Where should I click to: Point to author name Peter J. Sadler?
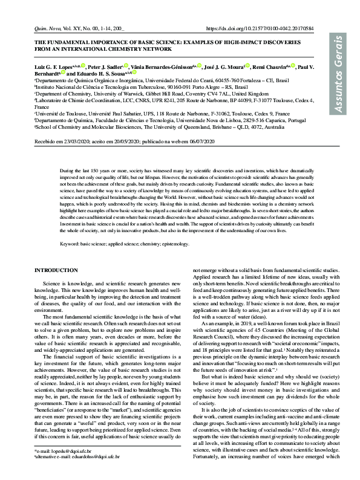103,66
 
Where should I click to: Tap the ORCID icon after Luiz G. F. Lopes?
82,65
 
